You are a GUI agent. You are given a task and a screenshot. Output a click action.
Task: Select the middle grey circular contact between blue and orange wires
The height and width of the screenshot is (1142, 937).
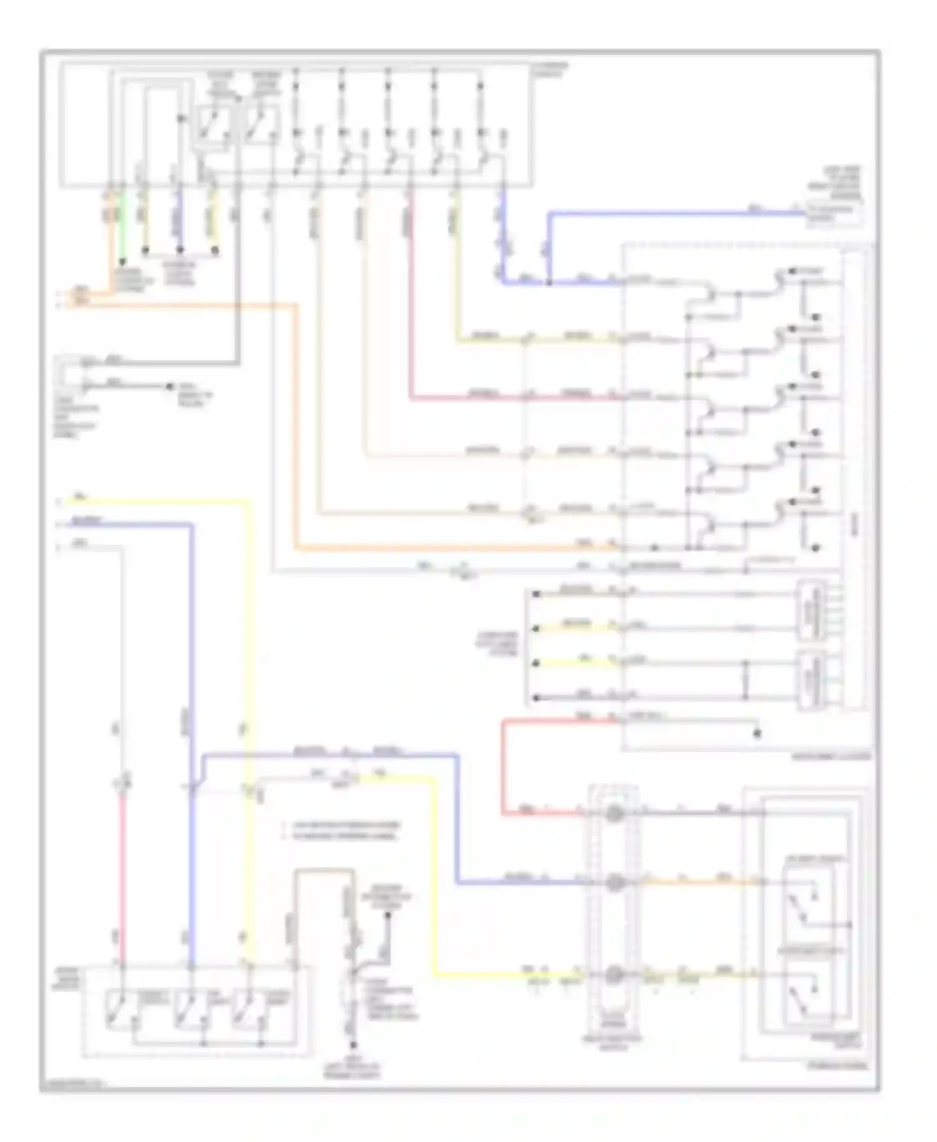click(614, 882)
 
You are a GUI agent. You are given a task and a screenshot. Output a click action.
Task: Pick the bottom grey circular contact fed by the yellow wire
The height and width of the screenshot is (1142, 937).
click(614, 975)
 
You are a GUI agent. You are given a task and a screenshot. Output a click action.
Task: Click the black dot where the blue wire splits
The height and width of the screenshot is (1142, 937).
click(549, 282)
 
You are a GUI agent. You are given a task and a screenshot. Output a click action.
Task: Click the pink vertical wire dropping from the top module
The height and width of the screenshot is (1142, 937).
click(410, 300)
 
